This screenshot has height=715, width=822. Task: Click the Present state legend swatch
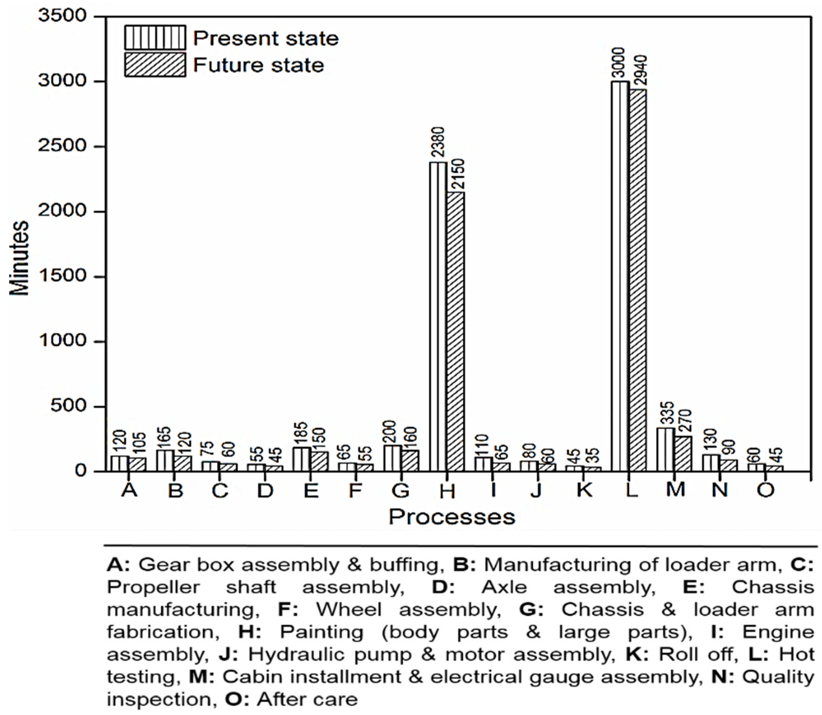click(x=155, y=38)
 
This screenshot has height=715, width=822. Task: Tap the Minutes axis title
click(x=19, y=258)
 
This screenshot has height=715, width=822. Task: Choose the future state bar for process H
click(x=456, y=331)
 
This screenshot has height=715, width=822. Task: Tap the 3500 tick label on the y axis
click(x=62, y=16)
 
